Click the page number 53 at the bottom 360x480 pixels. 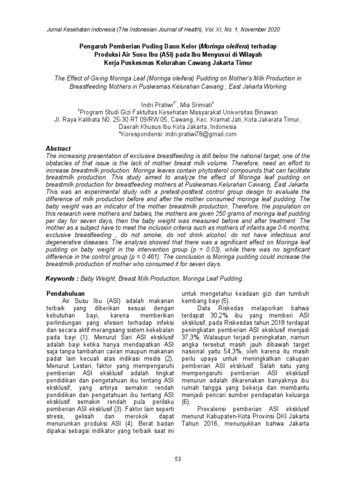click(178, 459)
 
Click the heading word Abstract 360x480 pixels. click(58, 149)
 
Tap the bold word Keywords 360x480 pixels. click(61, 278)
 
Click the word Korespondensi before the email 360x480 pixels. click(141, 134)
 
